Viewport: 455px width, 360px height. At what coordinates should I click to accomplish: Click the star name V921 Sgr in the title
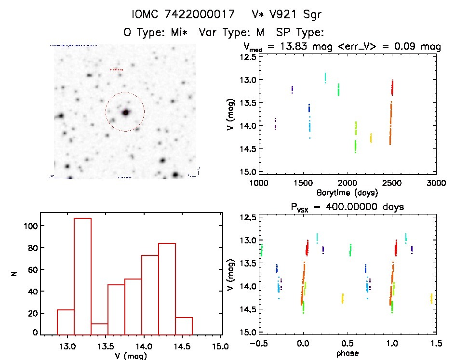(286, 14)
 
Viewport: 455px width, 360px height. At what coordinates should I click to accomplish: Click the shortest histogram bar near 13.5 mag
(99, 329)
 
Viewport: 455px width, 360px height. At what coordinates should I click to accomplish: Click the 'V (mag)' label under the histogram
(131, 356)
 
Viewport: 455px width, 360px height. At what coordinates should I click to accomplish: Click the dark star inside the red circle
(126, 112)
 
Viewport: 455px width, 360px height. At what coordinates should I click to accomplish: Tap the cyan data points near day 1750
(325, 78)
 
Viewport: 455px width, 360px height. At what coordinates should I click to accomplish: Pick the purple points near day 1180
(275, 123)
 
